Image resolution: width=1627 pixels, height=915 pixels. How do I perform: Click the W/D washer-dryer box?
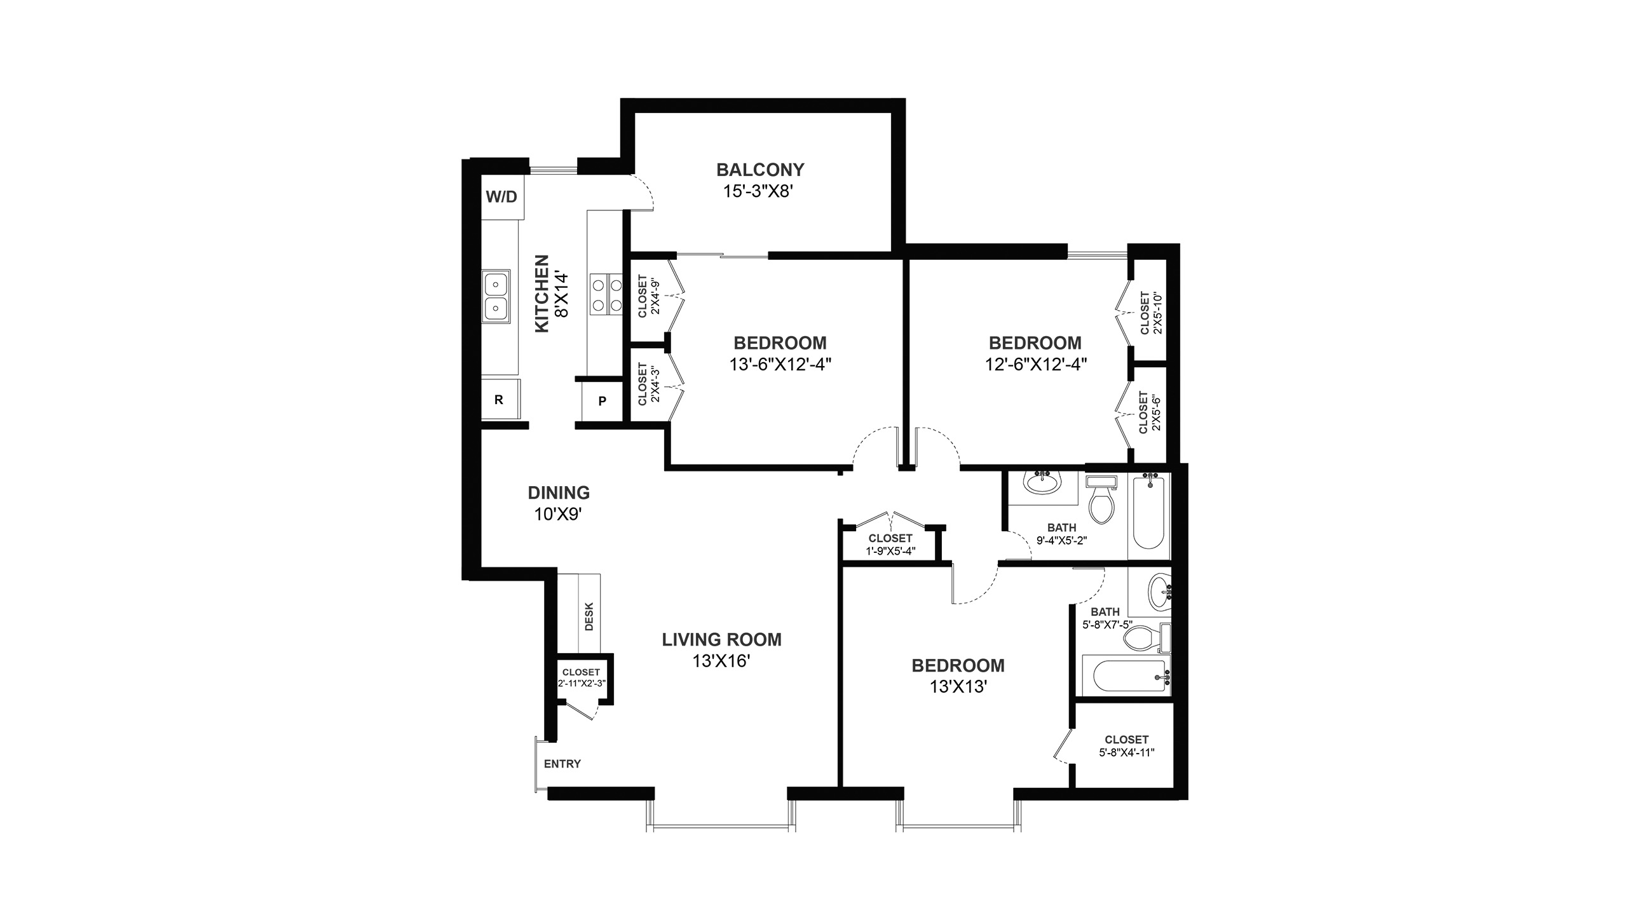pos(501,196)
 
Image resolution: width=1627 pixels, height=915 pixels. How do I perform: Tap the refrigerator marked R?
pos(500,399)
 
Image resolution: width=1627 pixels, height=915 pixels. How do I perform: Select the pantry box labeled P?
pos(602,400)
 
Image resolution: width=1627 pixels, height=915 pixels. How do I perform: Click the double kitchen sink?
pos(496,297)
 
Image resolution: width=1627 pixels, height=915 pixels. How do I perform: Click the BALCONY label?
pos(760,170)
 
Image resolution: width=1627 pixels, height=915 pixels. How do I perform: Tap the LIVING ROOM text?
pos(722,639)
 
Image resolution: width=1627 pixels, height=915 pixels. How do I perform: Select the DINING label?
pos(559,492)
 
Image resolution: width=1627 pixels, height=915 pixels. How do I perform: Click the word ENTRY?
pos(562,764)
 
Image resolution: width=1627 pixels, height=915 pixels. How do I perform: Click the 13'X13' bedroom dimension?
pos(958,688)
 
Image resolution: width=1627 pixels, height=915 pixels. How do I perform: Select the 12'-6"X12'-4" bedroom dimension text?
pos(1035,365)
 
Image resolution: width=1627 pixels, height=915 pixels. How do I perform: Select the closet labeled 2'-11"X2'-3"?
pos(581,678)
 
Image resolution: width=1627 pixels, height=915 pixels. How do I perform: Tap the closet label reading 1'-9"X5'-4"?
pos(890,545)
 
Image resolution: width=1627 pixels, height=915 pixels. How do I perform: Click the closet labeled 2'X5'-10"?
pos(1151,313)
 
